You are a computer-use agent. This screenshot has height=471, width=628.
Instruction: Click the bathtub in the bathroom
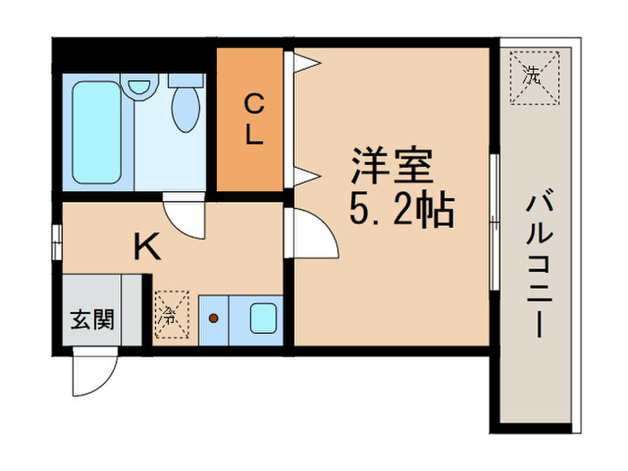(x=97, y=133)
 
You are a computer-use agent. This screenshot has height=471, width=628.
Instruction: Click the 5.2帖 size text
(x=400, y=212)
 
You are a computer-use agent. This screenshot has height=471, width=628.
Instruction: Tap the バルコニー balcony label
(x=538, y=264)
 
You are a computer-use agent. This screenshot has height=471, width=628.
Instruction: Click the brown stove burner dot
(x=214, y=318)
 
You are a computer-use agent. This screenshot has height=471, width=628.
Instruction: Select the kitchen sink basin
(x=264, y=317)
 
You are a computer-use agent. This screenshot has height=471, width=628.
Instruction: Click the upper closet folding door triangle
(x=306, y=62)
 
